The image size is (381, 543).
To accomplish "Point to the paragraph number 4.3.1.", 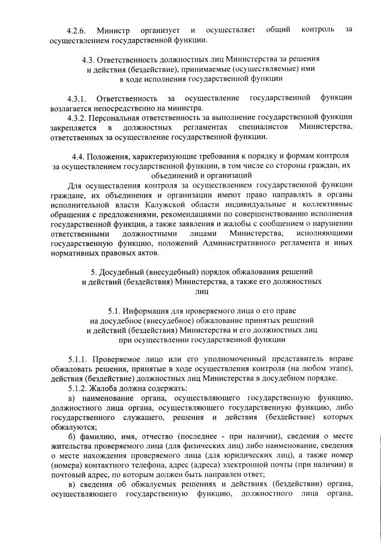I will (77, 98).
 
